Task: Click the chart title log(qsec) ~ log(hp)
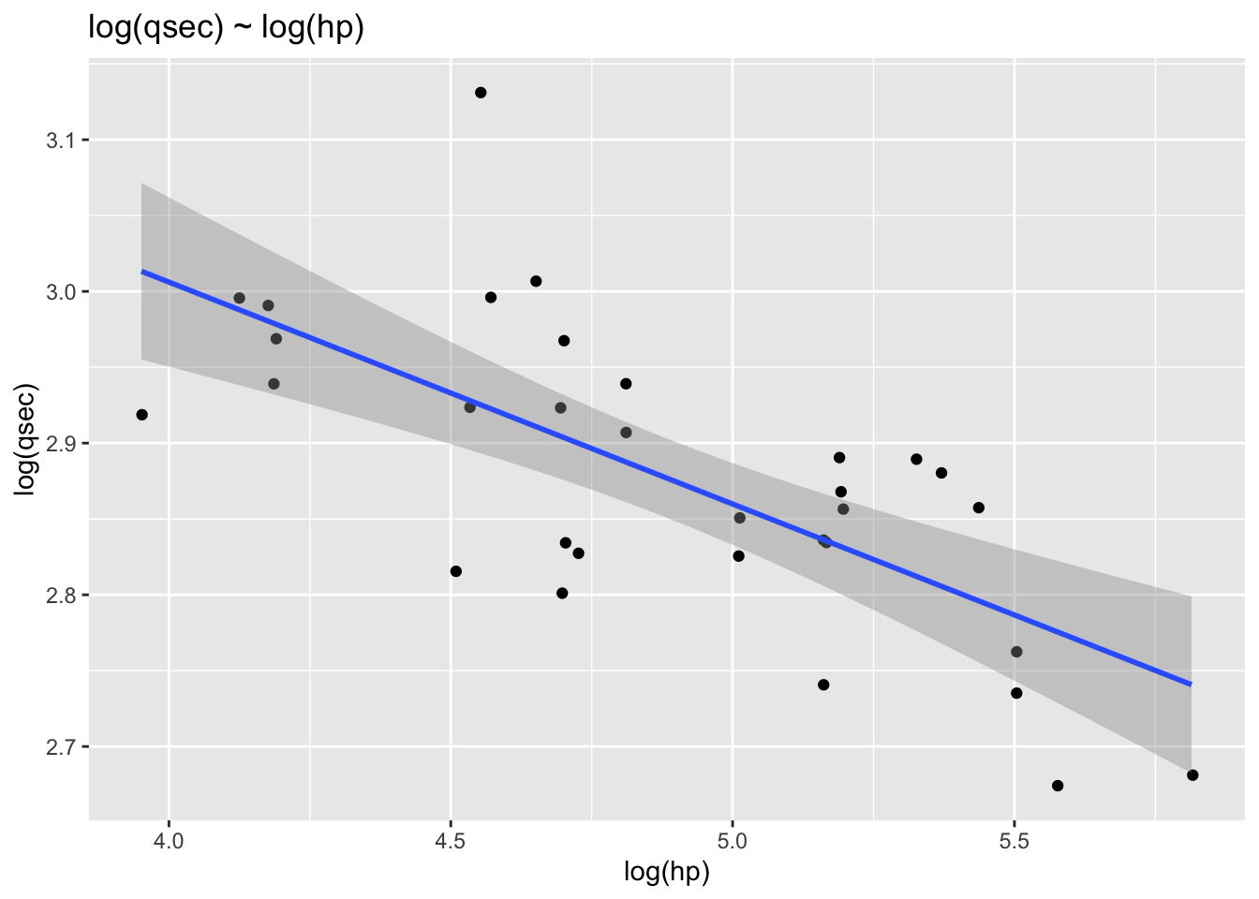(x=226, y=29)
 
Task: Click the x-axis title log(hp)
(x=667, y=873)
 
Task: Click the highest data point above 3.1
(x=481, y=93)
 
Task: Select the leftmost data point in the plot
(x=142, y=415)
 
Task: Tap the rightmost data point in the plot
(x=1192, y=775)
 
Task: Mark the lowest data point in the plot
(x=1058, y=786)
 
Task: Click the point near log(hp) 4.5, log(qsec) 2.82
(x=456, y=571)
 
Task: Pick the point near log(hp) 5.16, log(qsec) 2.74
(x=823, y=685)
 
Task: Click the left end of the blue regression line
(x=142, y=272)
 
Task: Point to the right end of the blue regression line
(x=1192, y=685)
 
